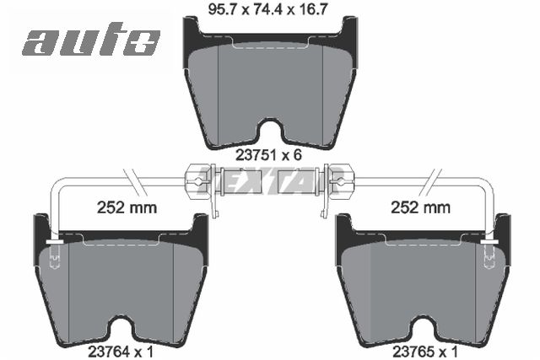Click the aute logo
(x=90, y=40)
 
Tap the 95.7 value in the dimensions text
(x=221, y=11)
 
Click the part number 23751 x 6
(x=268, y=155)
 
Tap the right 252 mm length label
(x=418, y=206)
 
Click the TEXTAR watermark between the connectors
(x=269, y=180)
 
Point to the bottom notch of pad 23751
(x=269, y=132)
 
